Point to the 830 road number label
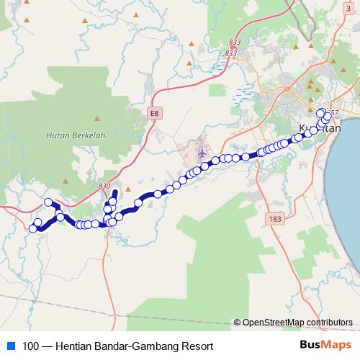[105, 186]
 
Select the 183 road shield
[274, 217]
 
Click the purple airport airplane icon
[202, 153]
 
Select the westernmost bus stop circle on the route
[32, 229]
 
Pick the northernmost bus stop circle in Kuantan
[321, 112]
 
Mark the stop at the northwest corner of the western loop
[49, 202]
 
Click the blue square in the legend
[9, 346]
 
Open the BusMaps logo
[325, 345]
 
